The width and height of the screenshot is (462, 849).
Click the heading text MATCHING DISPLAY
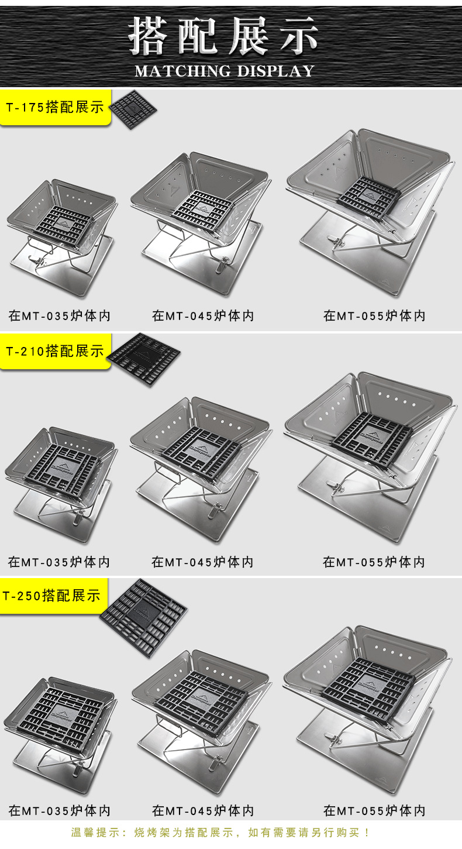click(225, 71)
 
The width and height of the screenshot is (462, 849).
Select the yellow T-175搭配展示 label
click(55, 107)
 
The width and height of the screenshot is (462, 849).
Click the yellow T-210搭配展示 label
click(55, 351)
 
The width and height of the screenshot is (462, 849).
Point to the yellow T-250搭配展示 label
click(51, 596)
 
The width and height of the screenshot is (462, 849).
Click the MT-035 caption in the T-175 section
click(60, 316)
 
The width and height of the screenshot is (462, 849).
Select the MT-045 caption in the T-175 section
click(203, 316)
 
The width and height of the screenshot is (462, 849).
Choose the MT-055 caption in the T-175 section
click(374, 316)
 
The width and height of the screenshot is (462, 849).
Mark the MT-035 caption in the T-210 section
click(59, 562)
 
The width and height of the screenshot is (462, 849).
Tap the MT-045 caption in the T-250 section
click(203, 811)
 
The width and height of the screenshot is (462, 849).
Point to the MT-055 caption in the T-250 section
click(374, 811)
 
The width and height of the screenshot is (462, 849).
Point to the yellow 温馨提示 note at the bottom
click(220, 833)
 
